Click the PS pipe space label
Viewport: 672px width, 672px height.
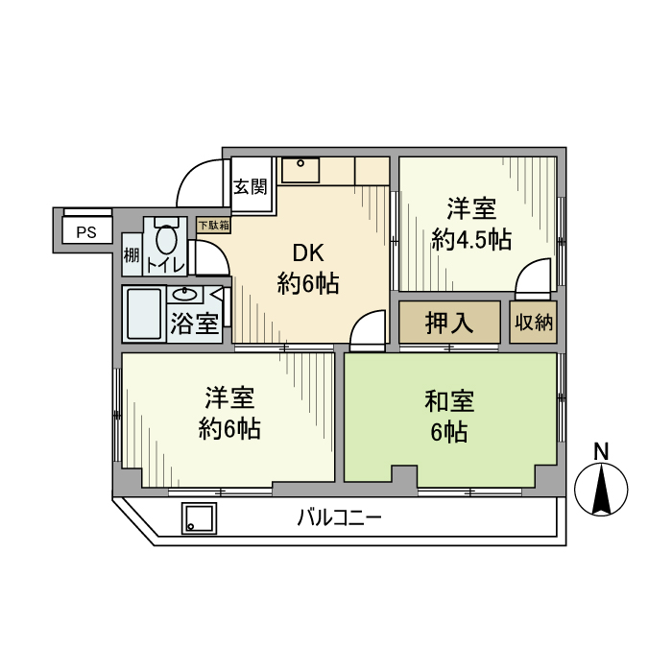86,232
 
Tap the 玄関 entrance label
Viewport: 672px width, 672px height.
251,186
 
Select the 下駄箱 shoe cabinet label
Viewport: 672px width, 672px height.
213,225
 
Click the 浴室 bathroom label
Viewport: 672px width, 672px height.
194,324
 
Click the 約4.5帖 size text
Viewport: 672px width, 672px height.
470,240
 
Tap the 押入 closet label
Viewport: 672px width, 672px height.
449,323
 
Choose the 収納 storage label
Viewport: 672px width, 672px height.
533,323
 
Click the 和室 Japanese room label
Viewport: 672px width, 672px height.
449,400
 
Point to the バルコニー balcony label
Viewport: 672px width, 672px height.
339,518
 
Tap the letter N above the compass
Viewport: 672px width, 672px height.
601,451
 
